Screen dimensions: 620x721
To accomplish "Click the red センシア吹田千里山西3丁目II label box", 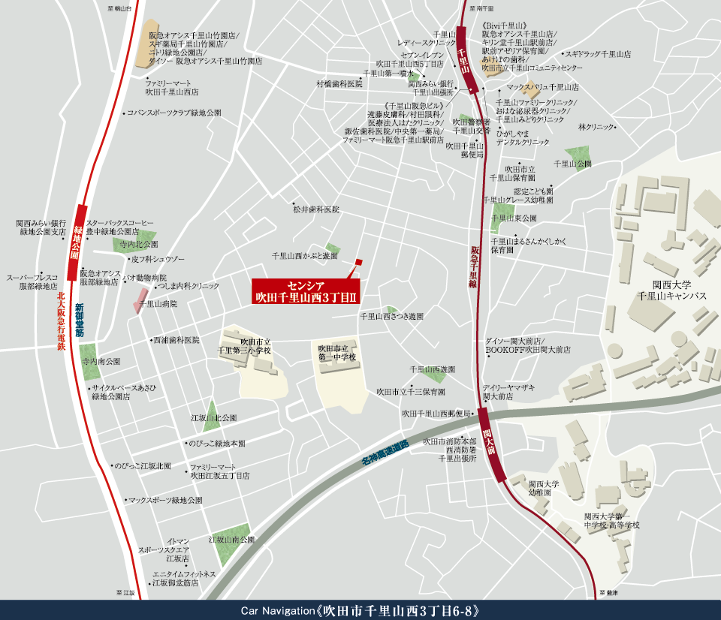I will (306, 291).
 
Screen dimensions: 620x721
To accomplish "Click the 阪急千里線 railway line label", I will (475, 266).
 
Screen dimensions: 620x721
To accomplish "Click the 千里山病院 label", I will (158, 304).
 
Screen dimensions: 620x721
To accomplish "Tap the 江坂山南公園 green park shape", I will (231, 546).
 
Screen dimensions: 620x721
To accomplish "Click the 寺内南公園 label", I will (101, 362).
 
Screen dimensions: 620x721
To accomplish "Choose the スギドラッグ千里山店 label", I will (599, 55).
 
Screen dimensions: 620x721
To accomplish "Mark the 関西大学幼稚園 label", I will (544, 489).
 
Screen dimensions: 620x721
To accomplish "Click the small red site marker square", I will (358, 261).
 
